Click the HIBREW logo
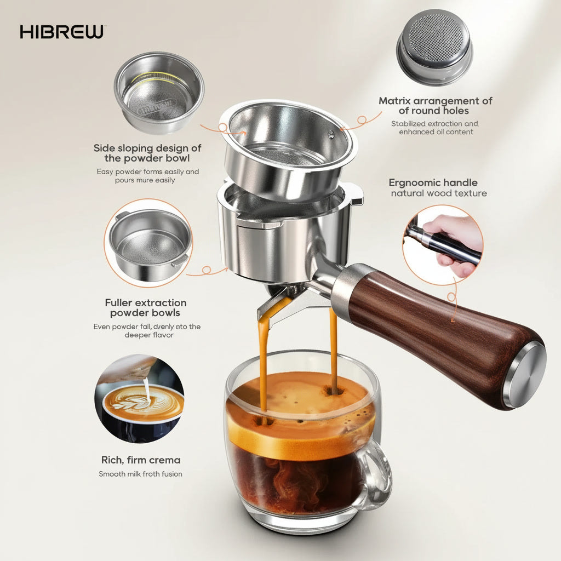click(x=61, y=32)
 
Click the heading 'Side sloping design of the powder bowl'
click(x=147, y=153)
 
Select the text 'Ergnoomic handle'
click(x=433, y=182)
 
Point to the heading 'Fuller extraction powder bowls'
click(x=145, y=307)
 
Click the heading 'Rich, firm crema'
click(x=141, y=460)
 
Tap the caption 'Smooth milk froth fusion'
click(x=140, y=474)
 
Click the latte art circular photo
click(x=139, y=398)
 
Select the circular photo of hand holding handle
click(x=443, y=244)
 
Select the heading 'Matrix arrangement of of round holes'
click(x=435, y=106)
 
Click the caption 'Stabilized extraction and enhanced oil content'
click(x=435, y=128)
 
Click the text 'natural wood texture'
click(x=438, y=193)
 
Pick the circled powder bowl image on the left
click(x=148, y=243)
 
